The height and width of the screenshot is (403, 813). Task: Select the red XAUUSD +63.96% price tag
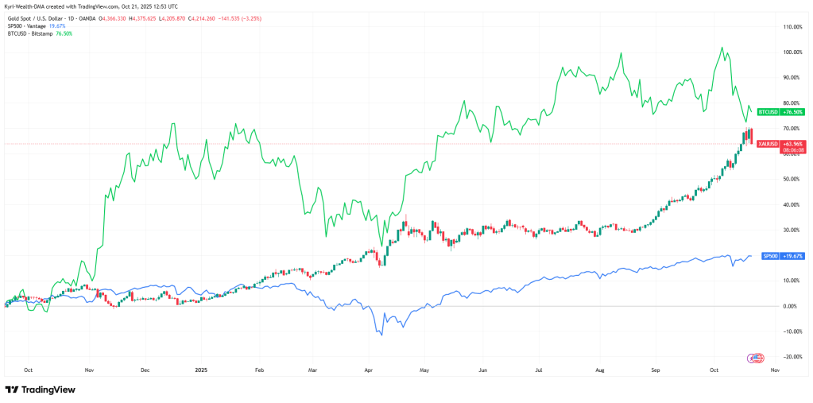point(768,144)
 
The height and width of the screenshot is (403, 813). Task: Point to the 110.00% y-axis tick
point(792,27)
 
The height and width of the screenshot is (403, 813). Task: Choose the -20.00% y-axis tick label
point(792,357)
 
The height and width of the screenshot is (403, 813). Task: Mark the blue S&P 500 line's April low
point(382,335)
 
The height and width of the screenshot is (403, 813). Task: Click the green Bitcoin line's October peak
point(721,48)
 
